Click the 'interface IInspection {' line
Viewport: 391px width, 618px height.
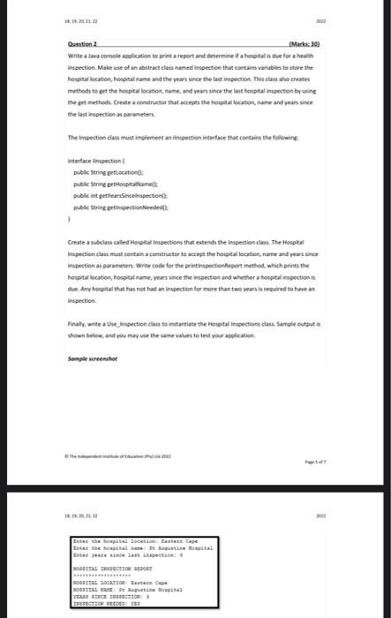click(96, 162)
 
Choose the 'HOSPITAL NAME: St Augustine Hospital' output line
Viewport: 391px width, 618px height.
click(123, 591)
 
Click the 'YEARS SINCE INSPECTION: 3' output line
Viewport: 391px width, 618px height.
click(111, 599)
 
